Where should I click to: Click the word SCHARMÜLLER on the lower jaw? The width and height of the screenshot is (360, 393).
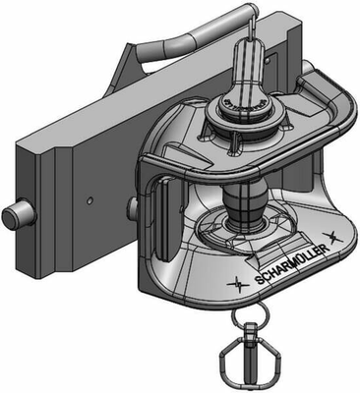292,264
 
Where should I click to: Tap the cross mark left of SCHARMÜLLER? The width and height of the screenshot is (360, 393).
238,284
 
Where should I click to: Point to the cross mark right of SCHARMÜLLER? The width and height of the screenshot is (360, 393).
333,237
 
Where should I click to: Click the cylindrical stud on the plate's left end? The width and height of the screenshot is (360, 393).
19,214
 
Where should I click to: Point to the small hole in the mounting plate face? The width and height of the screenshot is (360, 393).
90,200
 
